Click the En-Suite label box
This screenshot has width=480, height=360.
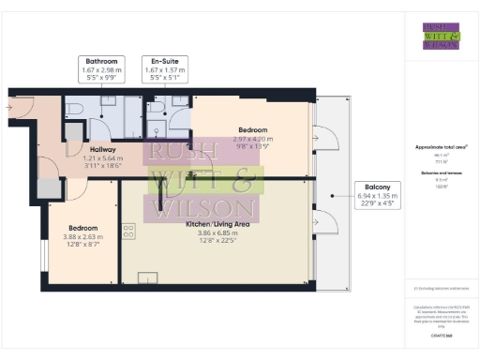click(165, 68)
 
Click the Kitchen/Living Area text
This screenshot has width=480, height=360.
click(216, 226)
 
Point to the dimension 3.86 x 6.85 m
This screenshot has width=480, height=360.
click(216, 234)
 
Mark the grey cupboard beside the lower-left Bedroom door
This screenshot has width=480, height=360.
click(46, 187)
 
